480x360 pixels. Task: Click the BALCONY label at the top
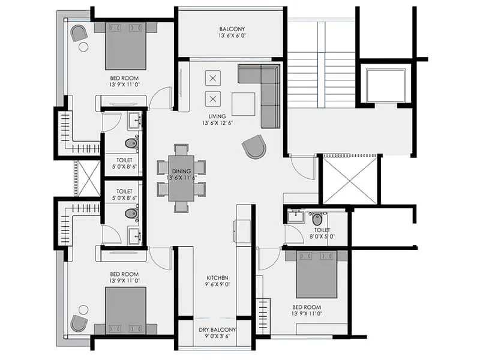pos(232,29)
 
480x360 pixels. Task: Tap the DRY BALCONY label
pos(217,331)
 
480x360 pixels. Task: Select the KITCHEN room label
pos(217,278)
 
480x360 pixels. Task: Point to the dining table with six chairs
pos(181,178)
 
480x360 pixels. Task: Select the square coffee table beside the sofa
pos(243,103)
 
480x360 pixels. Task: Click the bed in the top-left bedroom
pos(126,46)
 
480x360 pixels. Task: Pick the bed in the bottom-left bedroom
pos(126,310)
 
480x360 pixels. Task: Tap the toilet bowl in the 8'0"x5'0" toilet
pos(317,218)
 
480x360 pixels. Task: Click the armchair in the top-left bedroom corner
pos(79,33)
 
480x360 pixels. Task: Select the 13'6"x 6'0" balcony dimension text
pos(232,37)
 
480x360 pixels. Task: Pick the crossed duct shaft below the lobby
pos(350,179)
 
